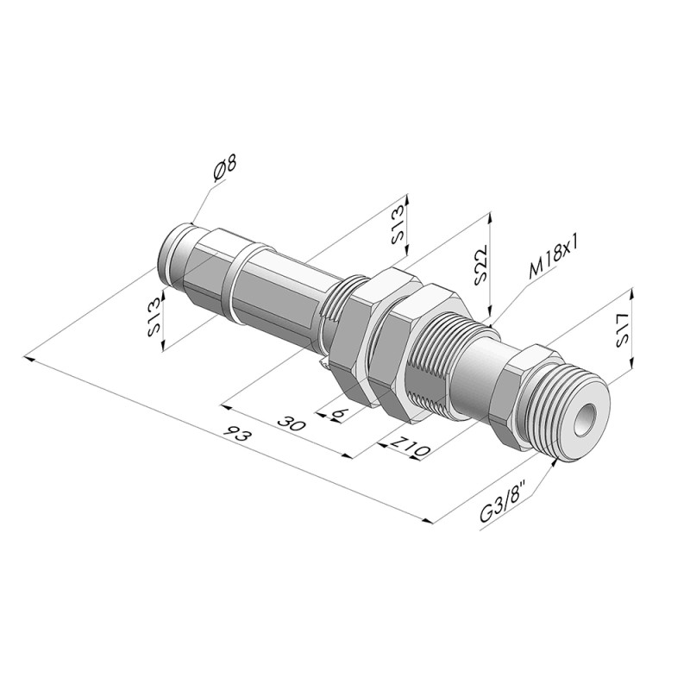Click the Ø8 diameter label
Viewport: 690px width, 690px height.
coord(224,168)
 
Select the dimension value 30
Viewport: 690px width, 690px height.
coord(292,423)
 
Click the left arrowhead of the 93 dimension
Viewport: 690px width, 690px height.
coord(30,359)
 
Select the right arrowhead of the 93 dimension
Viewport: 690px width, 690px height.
coord(428,520)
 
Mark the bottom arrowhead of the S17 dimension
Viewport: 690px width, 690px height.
coord(632,362)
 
